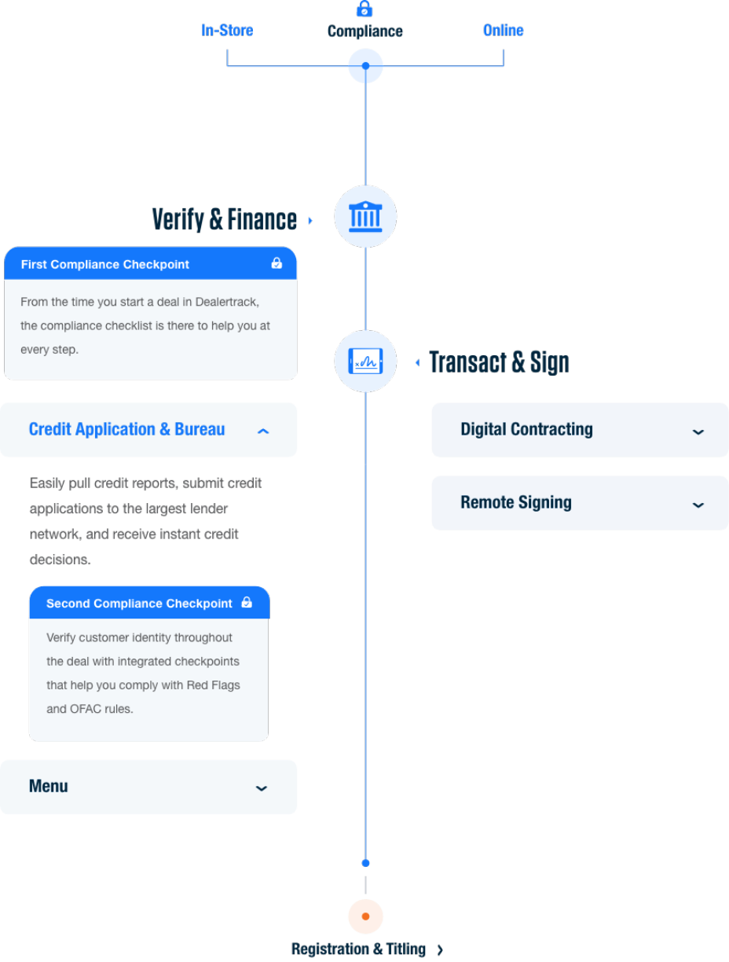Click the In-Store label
coord(227,31)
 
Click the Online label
coord(503,31)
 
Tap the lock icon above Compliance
coord(364,9)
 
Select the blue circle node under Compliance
coord(365,66)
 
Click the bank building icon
coord(365,217)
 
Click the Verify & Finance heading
coord(225,219)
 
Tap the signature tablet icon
coord(365,362)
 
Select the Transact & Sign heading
coord(499,362)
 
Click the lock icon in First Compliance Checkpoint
coord(277,263)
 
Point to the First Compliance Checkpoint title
coord(105,265)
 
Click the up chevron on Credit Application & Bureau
coord(263,431)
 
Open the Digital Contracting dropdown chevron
coord(698,431)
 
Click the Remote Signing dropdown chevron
coord(698,505)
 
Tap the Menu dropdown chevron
coord(262,788)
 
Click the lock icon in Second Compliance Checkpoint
coord(247,603)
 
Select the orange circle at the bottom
coord(365,916)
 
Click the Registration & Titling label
coord(359,949)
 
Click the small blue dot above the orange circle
coord(365,863)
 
